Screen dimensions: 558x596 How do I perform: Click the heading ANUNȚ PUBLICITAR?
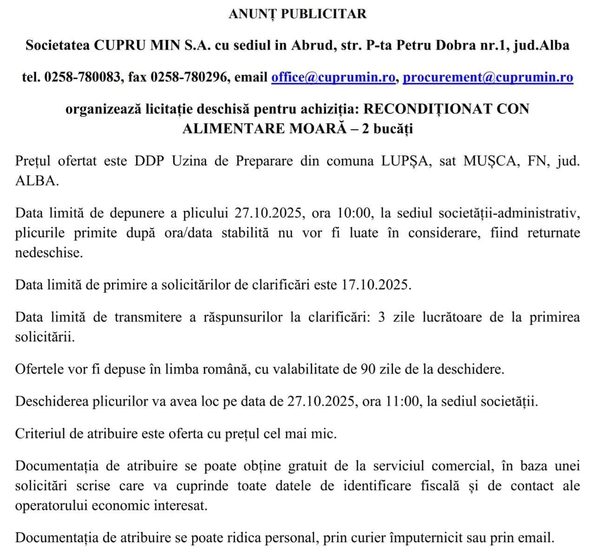coord(298,14)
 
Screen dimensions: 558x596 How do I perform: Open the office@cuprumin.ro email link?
coord(333,77)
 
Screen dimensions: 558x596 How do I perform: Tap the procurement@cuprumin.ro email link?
coord(488,77)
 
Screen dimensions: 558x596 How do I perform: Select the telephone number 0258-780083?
coord(82,77)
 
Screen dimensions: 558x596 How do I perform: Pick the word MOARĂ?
coord(318,128)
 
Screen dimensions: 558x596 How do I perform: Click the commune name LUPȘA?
coord(406,161)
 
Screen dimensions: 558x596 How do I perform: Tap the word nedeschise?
coord(49,252)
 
